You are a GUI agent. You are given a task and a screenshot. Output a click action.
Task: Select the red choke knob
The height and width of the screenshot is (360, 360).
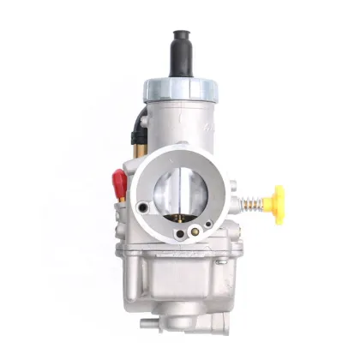(x=119, y=183)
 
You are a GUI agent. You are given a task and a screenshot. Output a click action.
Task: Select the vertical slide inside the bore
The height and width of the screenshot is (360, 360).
(x=183, y=187)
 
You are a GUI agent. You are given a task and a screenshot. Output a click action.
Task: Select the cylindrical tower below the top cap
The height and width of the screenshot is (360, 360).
(x=182, y=120)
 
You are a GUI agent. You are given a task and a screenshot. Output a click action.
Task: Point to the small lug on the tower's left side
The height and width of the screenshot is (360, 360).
(x=144, y=120)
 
